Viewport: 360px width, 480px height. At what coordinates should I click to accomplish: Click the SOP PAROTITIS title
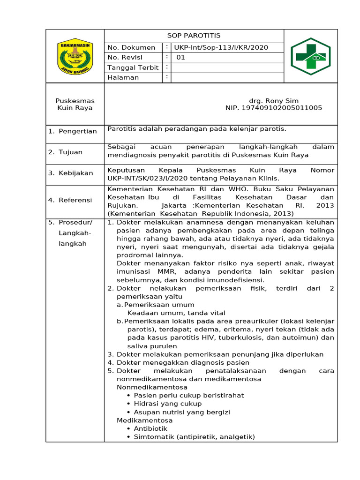pyautogui.click(x=194, y=36)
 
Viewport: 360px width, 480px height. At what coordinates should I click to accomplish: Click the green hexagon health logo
pyautogui.click(x=310, y=56)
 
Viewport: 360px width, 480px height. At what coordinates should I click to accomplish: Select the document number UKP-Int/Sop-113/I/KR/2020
pyautogui.click(x=221, y=48)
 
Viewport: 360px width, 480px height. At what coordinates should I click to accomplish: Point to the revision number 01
pyautogui.click(x=181, y=58)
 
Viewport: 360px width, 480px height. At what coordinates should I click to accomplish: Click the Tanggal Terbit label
pyautogui.click(x=133, y=68)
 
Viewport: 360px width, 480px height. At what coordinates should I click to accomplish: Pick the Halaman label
pyautogui.click(x=123, y=78)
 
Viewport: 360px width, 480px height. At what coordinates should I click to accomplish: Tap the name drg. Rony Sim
pyautogui.click(x=274, y=101)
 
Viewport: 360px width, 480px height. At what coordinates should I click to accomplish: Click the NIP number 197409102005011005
pyautogui.click(x=274, y=108)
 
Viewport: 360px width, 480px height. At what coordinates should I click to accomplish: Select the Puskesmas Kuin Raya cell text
pyautogui.click(x=75, y=105)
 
